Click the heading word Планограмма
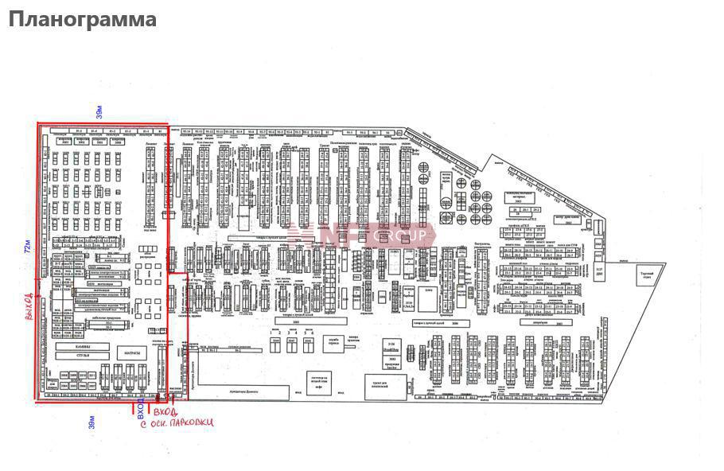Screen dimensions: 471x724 pyautogui.click(x=82, y=20)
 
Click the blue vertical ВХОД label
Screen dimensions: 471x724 pyautogui.click(x=141, y=411)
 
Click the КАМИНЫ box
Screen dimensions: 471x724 pyautogui.click(x=77, y=347)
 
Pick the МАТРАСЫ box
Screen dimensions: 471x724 pyautogui.click(x=132, y=352)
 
